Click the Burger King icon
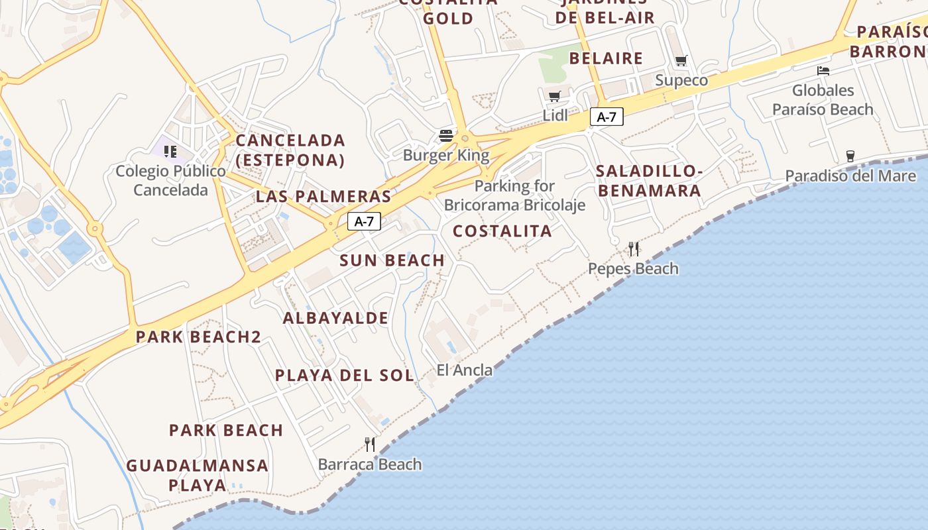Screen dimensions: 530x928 (x=446, y=136)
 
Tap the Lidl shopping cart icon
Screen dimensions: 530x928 (x=555, y=96)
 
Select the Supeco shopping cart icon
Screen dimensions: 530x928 (x=681, y=61)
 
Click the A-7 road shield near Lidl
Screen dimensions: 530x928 (x=607, y=117)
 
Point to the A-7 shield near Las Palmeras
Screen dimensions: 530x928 (x=364, y=221)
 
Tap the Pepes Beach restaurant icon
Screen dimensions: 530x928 (x=634, y=249)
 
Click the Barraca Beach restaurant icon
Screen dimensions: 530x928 (x=370, y=445)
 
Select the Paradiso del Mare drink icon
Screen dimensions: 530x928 (x=850, y=156)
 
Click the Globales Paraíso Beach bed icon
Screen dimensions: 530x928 (x=823, y=71)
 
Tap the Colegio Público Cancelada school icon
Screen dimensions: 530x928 (x=170, y=152)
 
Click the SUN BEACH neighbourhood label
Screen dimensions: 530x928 (x=392, y=260)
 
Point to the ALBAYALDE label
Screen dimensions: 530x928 (x=336, y=318)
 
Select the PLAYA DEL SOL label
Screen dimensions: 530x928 (x=345, y=375)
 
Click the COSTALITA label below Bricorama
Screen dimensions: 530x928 (x=502, y=231)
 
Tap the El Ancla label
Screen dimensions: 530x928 (x=465, y=370)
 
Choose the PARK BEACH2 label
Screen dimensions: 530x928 (x=198, y=337)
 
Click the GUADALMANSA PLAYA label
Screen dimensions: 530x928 (x=198, y=475)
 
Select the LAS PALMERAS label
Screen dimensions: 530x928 (x=323, y=197)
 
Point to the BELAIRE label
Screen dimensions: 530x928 (x=606, y=58)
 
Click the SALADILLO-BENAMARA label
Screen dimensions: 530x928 (x=649, y=181)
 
